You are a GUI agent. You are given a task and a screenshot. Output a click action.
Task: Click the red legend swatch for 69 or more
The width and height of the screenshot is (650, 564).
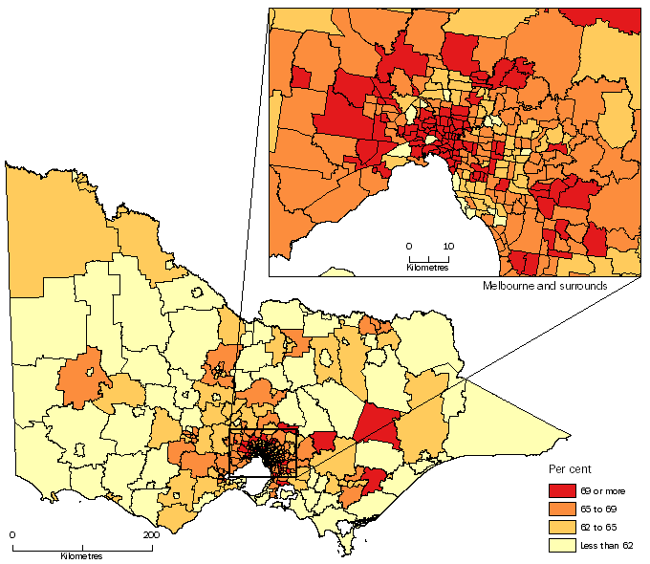(x=562, y=490)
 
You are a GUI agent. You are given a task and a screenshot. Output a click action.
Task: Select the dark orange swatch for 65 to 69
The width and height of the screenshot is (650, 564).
(x=562, y=509)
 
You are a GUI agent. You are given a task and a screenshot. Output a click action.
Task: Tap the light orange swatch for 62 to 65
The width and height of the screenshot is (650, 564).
(x=562, y=527)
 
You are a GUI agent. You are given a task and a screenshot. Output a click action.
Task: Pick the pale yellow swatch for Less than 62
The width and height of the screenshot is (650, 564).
(x=562, y=545)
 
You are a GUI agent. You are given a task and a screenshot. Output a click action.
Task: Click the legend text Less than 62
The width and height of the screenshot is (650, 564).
(x=607, y=545)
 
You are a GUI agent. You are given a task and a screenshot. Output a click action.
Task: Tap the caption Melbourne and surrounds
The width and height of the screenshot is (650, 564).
(x=545, y=286)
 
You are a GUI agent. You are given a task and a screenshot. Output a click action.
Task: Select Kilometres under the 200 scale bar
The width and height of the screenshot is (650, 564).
(x=81, y=555)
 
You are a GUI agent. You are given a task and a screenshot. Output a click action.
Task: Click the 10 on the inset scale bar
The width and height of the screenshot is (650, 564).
(x=447, y=247)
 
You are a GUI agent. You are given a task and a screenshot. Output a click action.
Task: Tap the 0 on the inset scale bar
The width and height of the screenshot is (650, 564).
(x=409, y=247)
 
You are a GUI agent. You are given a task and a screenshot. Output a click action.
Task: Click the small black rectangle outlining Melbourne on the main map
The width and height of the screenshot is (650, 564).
(x=264, y=453)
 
